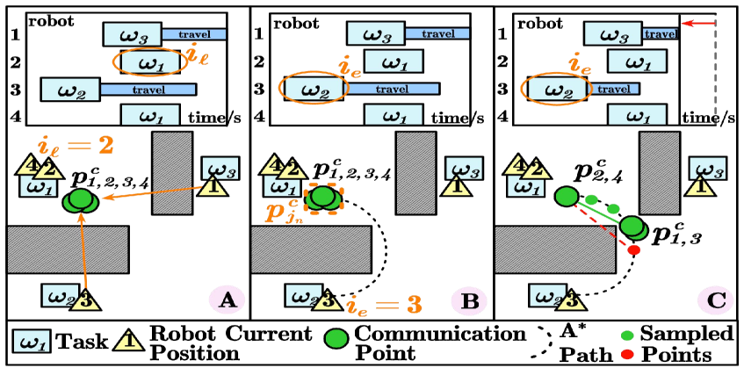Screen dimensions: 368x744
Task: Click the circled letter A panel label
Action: tap(227, 301)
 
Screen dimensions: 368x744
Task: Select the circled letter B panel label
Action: tap(469, 301)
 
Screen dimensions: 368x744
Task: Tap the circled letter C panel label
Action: tap(715, 301)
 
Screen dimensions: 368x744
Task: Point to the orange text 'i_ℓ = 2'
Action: tap(76, 145)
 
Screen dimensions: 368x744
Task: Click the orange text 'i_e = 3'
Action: tap(384, 305)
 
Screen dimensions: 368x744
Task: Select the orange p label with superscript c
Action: tap(283, 211)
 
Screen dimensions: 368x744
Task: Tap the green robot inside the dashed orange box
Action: tap(322, 198)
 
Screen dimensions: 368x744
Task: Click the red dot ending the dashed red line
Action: tap(633, 250)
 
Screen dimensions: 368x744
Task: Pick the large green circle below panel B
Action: tap(336, 338)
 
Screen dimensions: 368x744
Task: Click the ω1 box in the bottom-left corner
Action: tap(32, 341)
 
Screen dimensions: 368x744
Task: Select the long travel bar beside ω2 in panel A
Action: tap(148, 90)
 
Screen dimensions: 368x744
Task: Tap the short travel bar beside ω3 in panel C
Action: tap(661, 34)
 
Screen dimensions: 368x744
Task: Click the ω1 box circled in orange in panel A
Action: tap(149, 62)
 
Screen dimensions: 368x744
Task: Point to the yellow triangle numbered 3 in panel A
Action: tap(85, 299)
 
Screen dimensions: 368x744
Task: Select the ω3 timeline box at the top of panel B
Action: tap(375, 34)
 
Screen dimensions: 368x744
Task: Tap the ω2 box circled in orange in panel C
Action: tap(555, 90)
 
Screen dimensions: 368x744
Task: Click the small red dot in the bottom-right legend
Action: tap(627, 354)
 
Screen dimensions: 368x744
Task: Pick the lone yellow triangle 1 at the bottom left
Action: tap(128, 339)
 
